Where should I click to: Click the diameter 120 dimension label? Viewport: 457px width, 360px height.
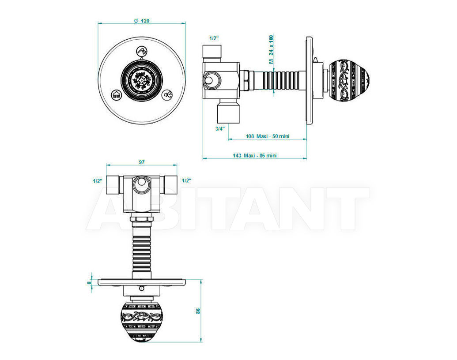[142, 21]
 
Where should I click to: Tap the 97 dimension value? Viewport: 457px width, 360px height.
[142, 162]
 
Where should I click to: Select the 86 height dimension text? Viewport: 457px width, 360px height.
[198, 311]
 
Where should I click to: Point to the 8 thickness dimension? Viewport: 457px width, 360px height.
[90, 282]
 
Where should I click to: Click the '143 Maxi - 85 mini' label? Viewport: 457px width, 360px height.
[254, 156]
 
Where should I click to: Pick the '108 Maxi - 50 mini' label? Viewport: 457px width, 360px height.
[268, 136]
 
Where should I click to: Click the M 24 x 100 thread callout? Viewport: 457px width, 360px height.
[271, 49]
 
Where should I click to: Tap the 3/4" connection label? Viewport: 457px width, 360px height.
[220, 129]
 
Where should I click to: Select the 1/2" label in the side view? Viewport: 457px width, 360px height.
[214, 38]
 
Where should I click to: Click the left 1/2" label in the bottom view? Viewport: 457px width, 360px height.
[98, 181]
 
